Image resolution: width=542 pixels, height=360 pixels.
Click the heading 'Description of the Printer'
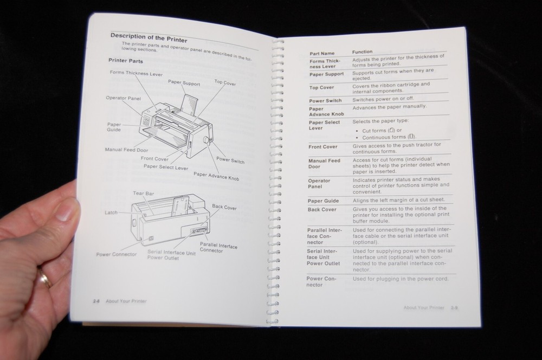coord(149,38)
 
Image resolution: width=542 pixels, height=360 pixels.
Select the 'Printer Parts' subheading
coord(126,61)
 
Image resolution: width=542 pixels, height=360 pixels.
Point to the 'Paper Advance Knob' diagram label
coord(216,176)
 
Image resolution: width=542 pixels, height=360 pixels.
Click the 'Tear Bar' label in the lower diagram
coord(141,193)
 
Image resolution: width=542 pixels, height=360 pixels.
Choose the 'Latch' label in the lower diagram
coord(111,213)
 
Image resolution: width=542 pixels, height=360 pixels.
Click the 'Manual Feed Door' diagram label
coord(126,149)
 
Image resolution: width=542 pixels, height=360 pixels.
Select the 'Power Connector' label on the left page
coord(117,254)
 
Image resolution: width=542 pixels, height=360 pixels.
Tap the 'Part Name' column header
coord(322,54)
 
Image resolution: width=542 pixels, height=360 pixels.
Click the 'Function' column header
coord(363,52)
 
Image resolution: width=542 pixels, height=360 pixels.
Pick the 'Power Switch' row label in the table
coord(325,101)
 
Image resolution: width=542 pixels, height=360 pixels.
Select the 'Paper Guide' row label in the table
coord(324,201)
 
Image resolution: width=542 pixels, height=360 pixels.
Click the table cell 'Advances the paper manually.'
coord(389,107)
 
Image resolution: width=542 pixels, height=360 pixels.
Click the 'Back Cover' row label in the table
coord(322,210)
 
